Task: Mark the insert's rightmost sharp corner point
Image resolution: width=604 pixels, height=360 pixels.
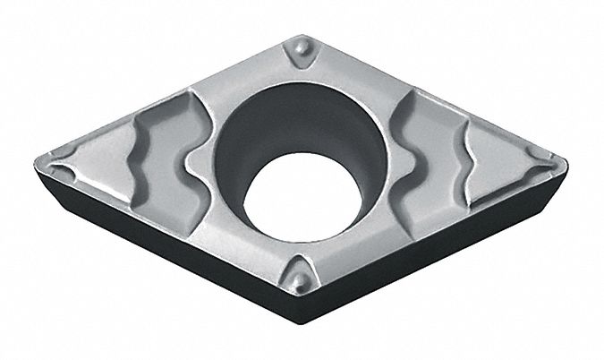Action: click(566, 161)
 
